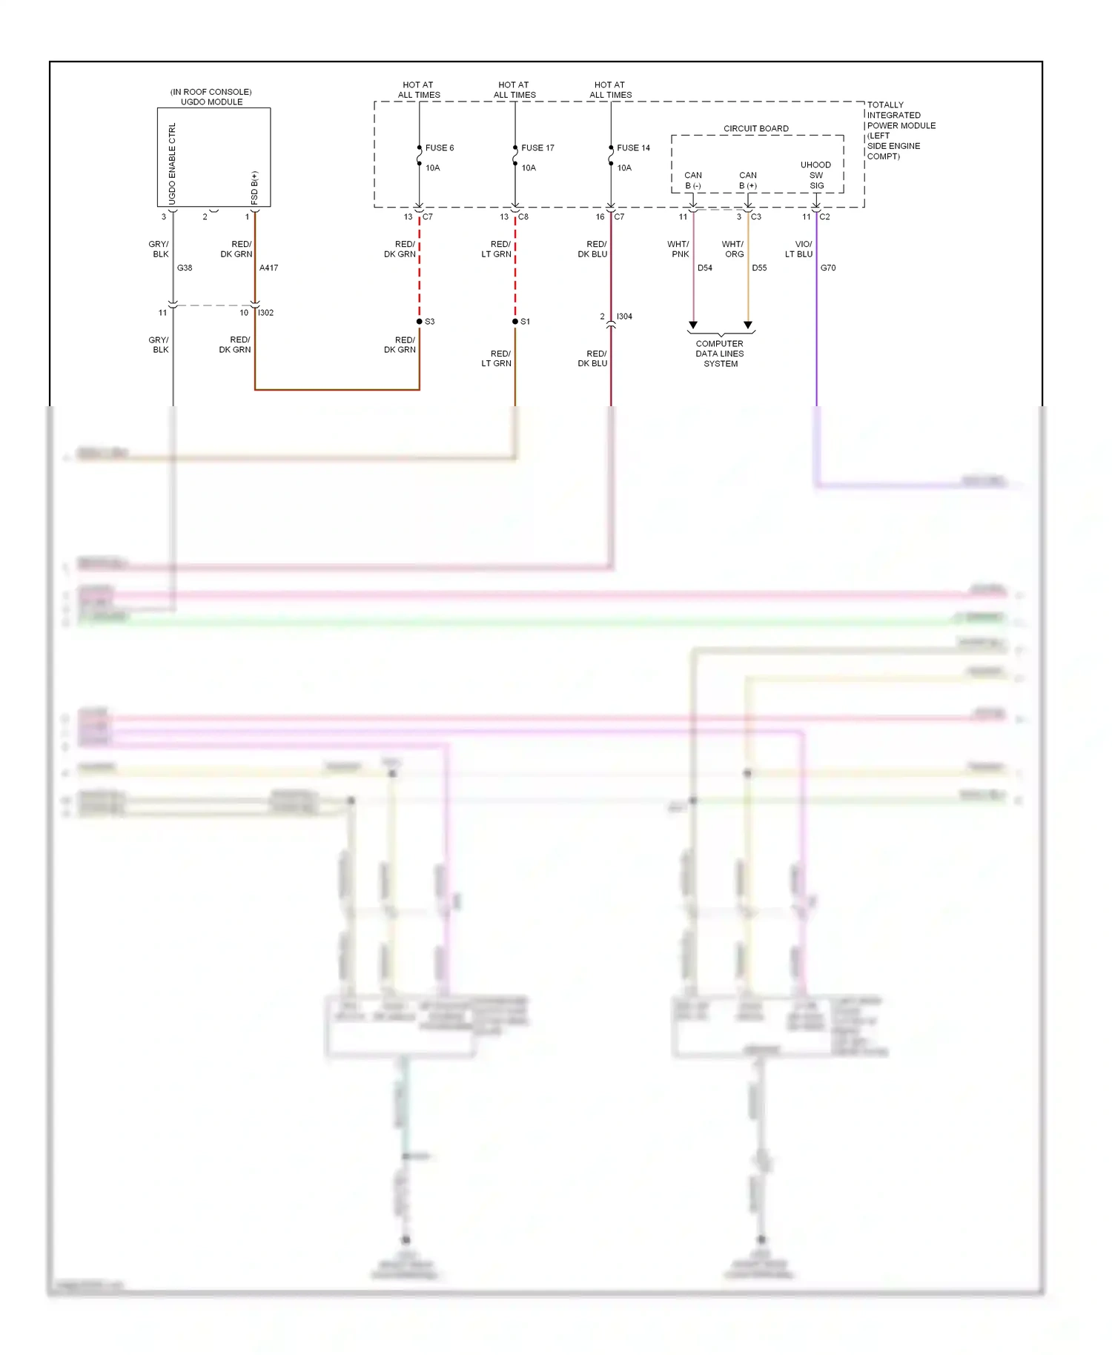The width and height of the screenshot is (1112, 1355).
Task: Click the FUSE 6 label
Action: pyautogui.click(x=439, y=148)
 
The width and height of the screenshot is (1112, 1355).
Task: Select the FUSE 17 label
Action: pyautogui.click(x=537, y=148)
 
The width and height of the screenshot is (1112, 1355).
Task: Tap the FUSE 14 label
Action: pyautogui.click(x=633, y=148)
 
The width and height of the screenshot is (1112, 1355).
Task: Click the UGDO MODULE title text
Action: pyautogui.click(x=211, y=102)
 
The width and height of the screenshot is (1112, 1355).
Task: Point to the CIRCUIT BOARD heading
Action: pyautogui.click(x=755, y=128)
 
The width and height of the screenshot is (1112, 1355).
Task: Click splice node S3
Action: pyautogui.click(x=420, y=322)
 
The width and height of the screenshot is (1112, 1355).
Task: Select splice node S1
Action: pyautogui.click(x=515, y=322)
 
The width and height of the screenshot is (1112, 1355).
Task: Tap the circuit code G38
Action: pyautogui.click(x=185, y=268)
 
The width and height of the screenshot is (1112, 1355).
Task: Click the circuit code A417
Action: pyautogui.click(x=268, y=268)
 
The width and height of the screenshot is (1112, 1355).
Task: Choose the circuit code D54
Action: pyautogui.click(x=704, y=268)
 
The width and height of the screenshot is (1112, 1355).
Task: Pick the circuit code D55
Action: pyautogui.click(x=759, y=268)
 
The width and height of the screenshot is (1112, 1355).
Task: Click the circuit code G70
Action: pyautogui.click(x=827, y=268)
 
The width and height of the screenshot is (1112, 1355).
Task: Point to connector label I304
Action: pyautogui.click(x=624, y=317)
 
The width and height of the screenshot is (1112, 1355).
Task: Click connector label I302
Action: pyautogui.click(x=265, y=313)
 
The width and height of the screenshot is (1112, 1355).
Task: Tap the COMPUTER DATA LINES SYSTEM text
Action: pyautogui.click(x=720, y=354)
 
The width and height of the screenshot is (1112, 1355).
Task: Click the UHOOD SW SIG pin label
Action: pyautogui.click(x=815, y=175)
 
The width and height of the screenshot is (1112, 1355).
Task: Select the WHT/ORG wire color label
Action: pyautogui.click(x=733, y=249)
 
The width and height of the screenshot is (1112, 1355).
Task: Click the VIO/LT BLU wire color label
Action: pyautogui.click(x=799, y=249)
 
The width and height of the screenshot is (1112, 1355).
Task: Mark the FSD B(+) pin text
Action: pyautogui.click(x=254, y=188)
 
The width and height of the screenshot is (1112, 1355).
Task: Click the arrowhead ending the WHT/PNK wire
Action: pyautogui.click(x=693, y=325)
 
